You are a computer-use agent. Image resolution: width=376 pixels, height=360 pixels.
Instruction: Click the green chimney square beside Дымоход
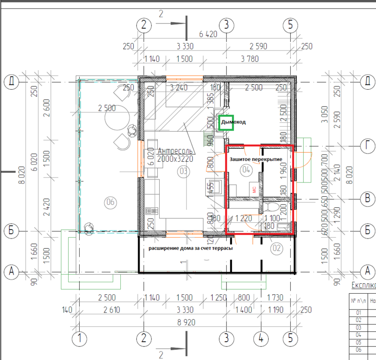click(226, 122)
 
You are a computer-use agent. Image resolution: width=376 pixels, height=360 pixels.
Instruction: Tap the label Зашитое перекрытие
click(256, 159)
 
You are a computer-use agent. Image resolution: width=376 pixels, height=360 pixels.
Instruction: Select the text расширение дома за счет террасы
click(190, 248)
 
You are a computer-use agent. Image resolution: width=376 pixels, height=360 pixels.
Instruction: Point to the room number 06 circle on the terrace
click(110, 203)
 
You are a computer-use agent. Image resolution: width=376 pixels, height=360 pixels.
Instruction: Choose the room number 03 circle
click(183, 172)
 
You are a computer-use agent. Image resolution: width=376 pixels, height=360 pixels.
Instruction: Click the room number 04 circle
click(246, 169)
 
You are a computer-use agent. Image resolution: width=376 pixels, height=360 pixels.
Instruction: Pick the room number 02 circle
click(276, 248)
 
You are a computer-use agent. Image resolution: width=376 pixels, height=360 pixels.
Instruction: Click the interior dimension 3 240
click(179, 88)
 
